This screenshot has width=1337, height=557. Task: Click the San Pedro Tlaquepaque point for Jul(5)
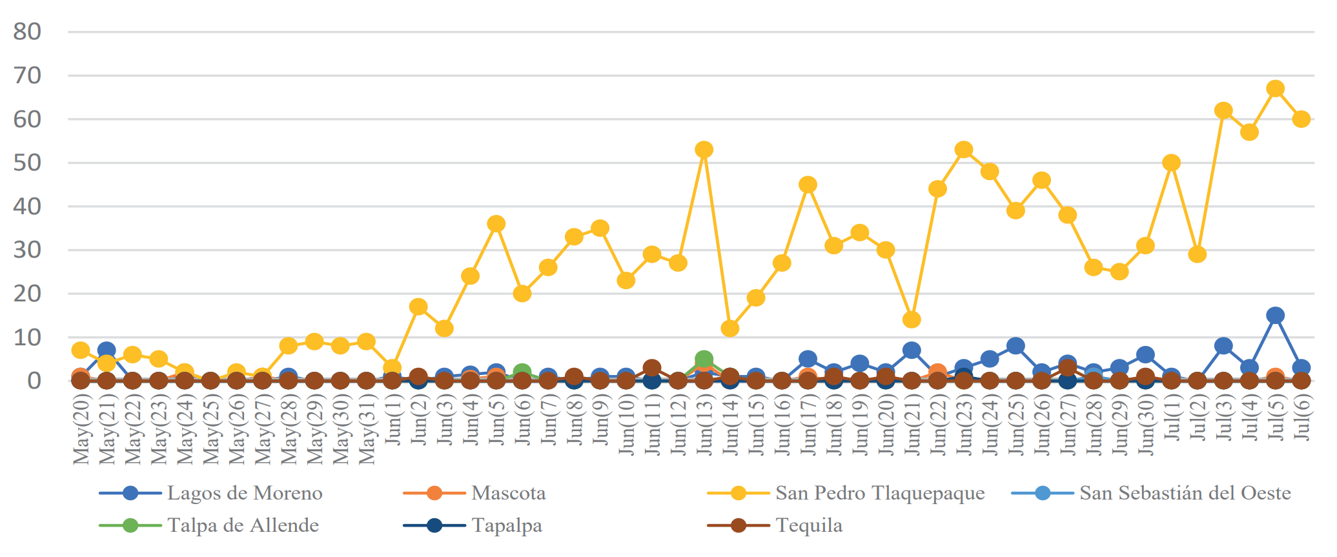(1275, 88)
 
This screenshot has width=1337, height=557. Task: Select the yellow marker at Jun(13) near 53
(704, 150)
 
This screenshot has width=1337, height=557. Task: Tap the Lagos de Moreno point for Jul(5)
(1275, 316)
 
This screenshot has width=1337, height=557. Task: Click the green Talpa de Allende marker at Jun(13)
(704, 359)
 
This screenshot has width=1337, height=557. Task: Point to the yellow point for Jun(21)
(912, 319)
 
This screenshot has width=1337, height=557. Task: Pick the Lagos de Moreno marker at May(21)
(107, 350)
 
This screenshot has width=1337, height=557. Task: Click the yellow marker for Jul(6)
(1301, 119)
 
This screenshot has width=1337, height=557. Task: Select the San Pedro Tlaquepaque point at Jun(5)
(496, 224)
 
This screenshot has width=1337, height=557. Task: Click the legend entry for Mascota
(508, 493)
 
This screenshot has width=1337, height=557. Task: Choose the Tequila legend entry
(809, 525)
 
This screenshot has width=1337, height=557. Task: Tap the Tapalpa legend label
(507, 525)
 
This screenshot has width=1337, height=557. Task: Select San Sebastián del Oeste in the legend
(1185, 493)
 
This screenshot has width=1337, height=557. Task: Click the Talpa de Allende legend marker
(130, 525)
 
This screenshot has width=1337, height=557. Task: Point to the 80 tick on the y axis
(27, 32)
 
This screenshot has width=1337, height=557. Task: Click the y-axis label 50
(27, 163)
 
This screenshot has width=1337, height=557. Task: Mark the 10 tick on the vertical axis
(27, 337)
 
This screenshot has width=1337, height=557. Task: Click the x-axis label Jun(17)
(808, 426)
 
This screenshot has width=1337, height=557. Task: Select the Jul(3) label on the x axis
(1223, 420)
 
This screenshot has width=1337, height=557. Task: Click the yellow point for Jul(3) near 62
(1223, 110)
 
